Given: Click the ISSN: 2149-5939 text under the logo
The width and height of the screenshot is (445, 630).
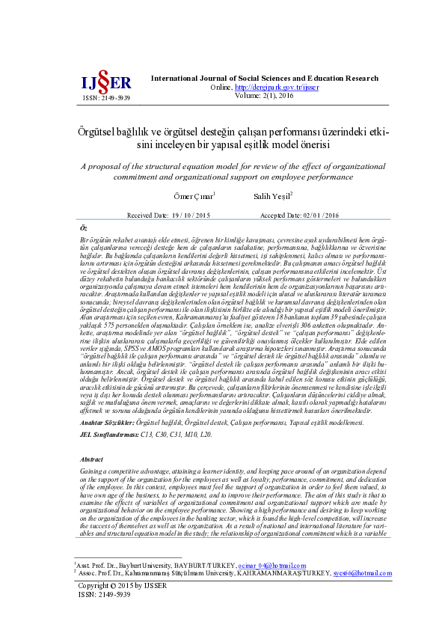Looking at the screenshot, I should tap(106, 98).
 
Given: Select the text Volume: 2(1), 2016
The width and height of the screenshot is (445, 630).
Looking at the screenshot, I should tap(265, 95).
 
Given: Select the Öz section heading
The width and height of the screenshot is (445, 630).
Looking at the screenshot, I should tap(83, 227).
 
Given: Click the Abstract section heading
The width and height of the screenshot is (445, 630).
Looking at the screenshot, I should tap(92, 438).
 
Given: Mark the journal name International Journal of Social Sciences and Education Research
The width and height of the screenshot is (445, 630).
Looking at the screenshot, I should tap(265, 79).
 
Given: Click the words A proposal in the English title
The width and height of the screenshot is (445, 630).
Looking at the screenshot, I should tap(100, 166).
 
